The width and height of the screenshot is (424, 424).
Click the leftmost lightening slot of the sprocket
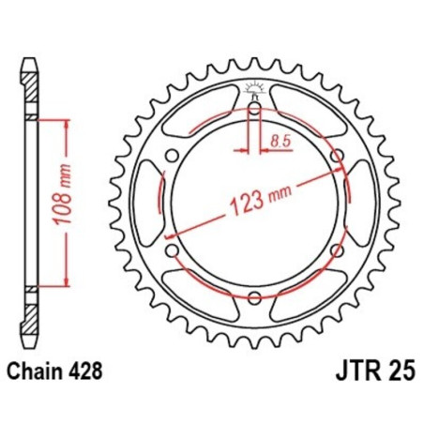pos(148,204)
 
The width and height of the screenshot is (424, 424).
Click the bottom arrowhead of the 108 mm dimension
pos(67,283)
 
